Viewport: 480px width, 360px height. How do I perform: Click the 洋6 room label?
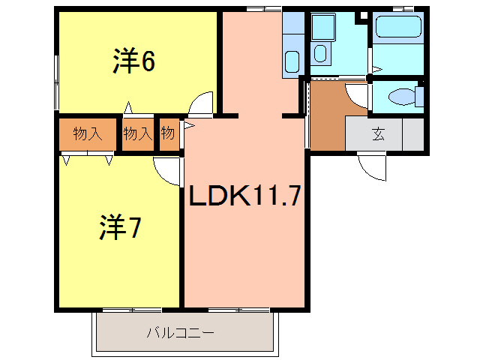point(134,62)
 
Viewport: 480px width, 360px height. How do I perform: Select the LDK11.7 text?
point(244,196)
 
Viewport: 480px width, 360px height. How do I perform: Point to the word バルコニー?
point(180,332)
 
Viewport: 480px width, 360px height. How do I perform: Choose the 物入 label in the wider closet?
point(88,135)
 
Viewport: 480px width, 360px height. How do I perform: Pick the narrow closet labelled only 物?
point(168,135)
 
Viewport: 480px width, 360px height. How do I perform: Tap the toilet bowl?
point(403,96)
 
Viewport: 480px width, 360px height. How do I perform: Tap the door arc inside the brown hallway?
point(358,95)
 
